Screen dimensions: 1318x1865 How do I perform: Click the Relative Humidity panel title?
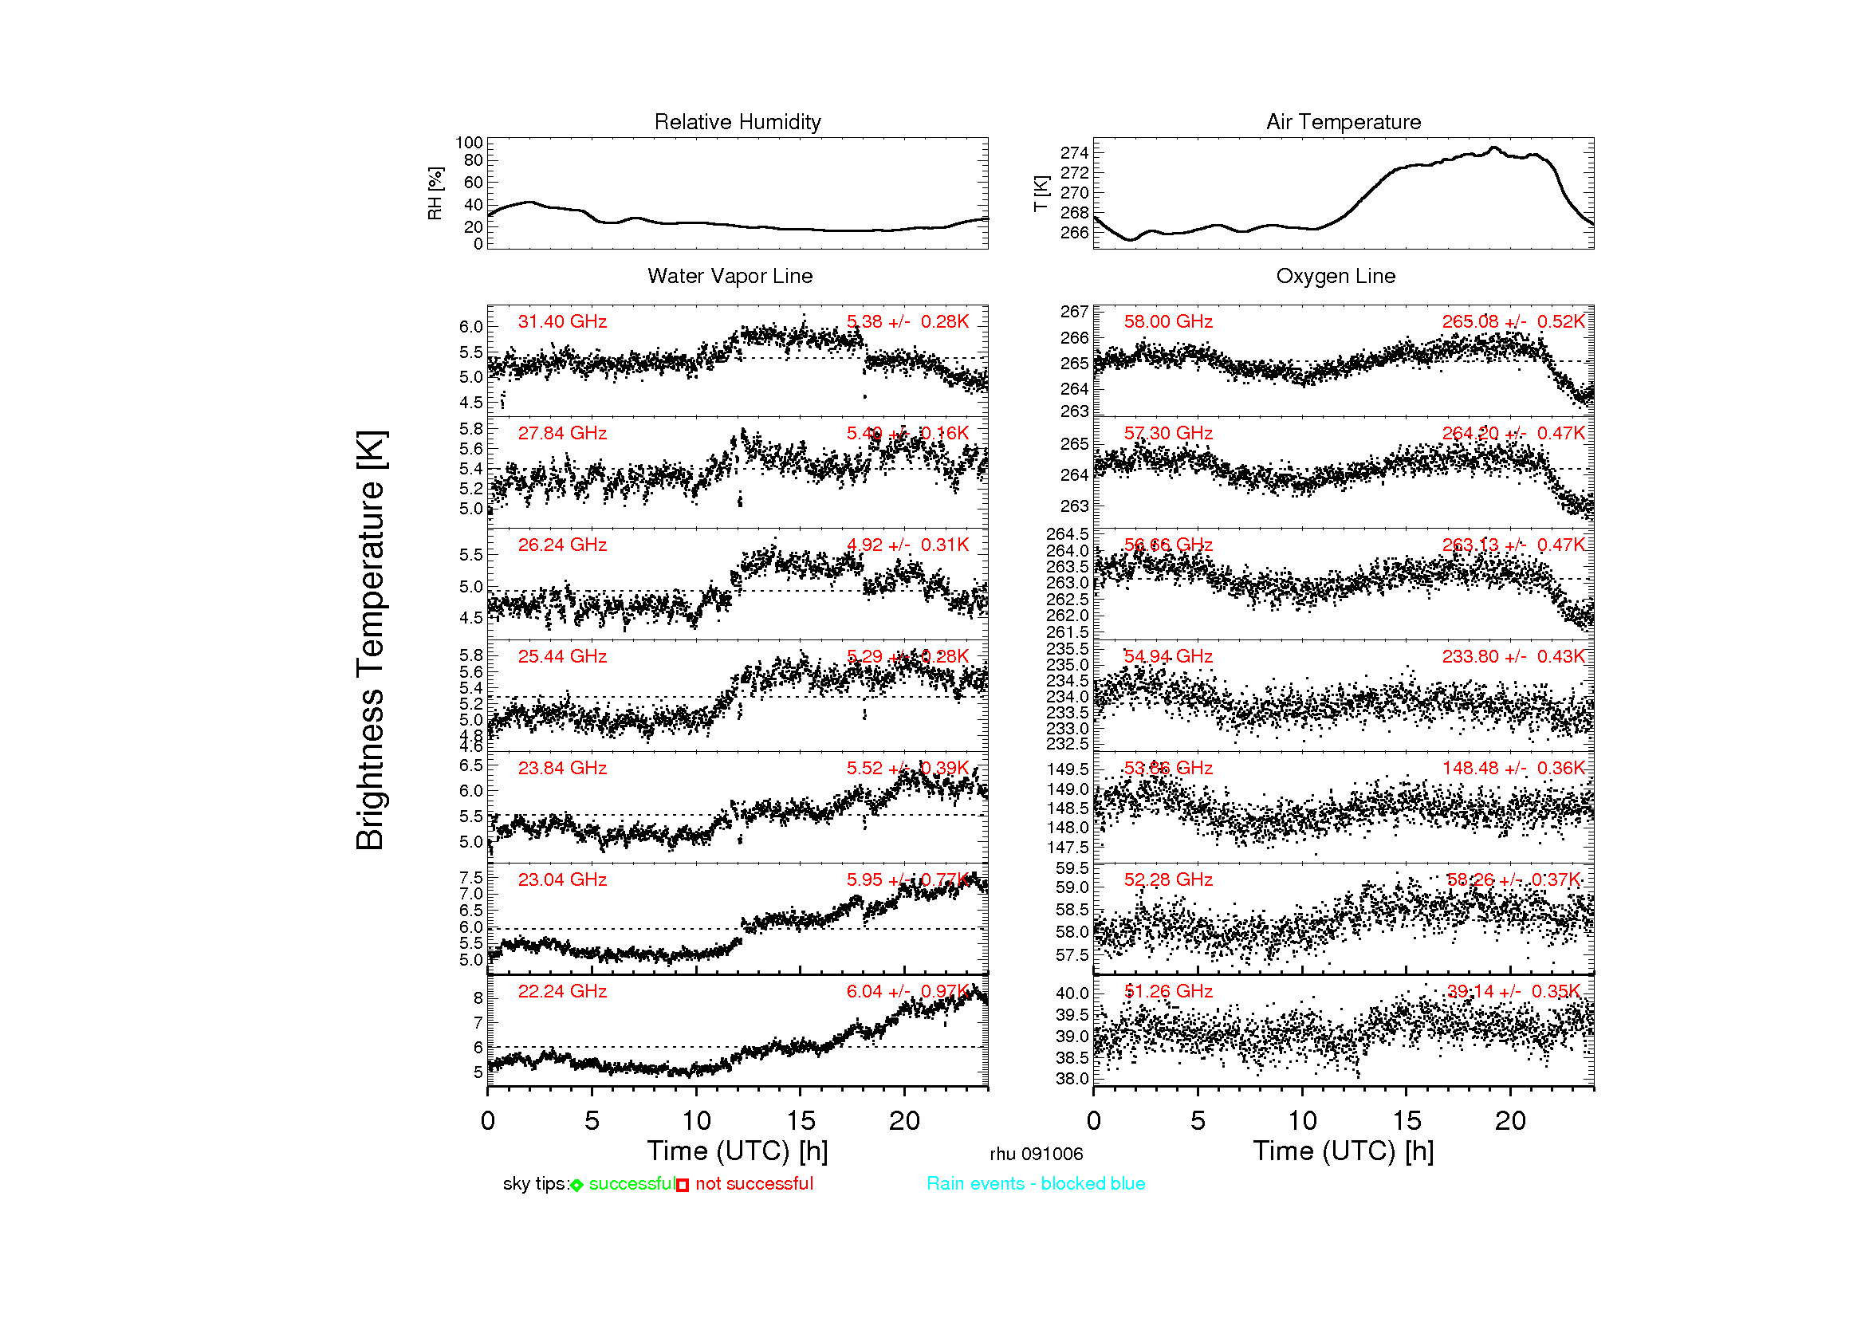tap(737, 122)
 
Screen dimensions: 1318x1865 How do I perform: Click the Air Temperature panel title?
tap(1343, 122)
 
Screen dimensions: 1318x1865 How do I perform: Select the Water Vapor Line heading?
tap(730, 276)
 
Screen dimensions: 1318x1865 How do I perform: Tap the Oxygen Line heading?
tap(1336, 276)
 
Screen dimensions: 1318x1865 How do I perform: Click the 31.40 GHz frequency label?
tap(562, 321)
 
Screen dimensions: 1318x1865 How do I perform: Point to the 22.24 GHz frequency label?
tap(562, 992)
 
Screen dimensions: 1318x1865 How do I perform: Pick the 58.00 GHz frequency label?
tap(1167, 321)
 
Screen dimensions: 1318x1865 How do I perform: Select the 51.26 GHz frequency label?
tap(1167, 992)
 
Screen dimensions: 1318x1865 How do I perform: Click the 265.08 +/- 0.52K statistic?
tap(1513, 321)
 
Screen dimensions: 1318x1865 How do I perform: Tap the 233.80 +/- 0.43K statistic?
tap(1513, 656)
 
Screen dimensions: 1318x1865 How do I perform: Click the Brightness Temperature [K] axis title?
tap(371, 640)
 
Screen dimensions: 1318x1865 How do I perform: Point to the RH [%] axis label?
tap(435, 193)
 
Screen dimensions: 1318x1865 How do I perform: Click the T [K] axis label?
tap(1041, 193)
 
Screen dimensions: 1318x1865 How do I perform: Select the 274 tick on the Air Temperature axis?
tap(1074, 152)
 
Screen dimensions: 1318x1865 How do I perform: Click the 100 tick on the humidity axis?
tap(469, 143)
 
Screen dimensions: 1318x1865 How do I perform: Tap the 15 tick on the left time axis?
tap(800, 1122)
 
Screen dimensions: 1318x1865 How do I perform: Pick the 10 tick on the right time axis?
tap(1302, 1122)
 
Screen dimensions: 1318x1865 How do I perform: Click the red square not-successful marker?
tap(683, 1186)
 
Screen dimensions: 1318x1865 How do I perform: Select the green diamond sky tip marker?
tap(576, 1186)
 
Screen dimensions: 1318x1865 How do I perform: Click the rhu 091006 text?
tap(1036, 1154)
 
